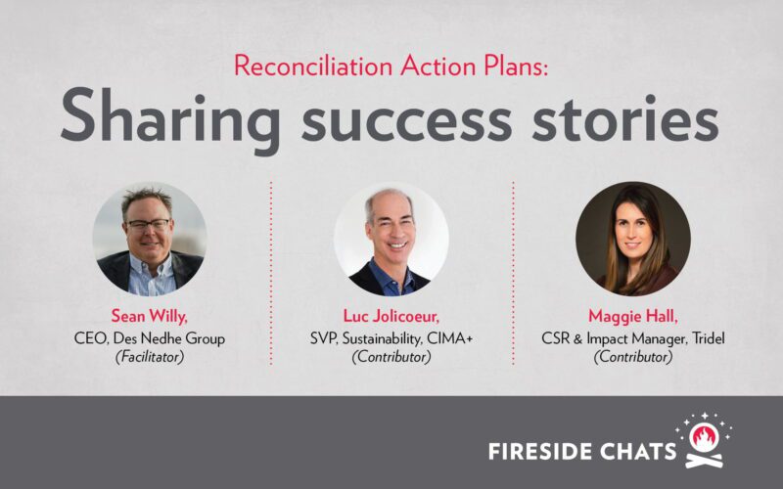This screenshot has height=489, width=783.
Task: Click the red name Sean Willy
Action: [150, 317]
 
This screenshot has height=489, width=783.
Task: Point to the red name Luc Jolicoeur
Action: [391, 317]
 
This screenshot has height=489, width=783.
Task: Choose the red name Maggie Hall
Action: [633, 317]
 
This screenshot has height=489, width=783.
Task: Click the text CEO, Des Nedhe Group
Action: [150, 338]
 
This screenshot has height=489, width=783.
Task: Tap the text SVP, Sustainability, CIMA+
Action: [391, 338]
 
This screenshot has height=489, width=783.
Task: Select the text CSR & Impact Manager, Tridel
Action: [633, 338]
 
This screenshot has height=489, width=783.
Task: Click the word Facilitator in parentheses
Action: [150, 358]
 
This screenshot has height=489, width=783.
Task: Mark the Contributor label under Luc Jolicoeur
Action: [391, 358]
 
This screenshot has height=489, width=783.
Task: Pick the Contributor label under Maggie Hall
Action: [633, 358]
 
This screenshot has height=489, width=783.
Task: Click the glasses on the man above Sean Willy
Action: [148, 225]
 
